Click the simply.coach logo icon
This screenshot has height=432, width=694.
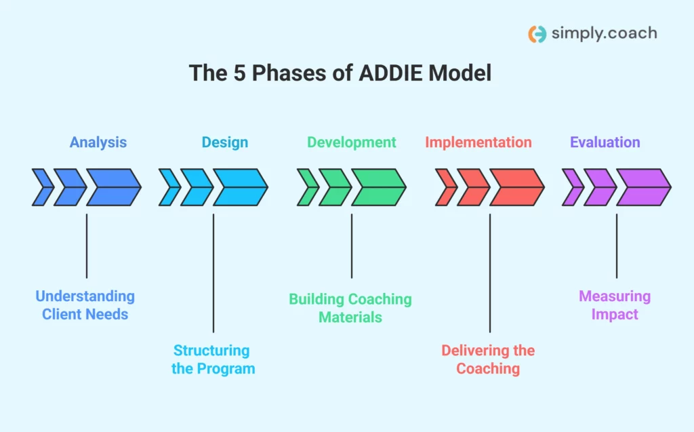click(537, 34)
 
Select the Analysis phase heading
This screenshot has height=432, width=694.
click(98, 142)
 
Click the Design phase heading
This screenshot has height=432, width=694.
click(225, 142)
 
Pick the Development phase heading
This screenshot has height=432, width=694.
click(351, 142)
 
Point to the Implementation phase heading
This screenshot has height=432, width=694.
click(478, 142)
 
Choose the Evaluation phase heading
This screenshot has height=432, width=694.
click(605, 142)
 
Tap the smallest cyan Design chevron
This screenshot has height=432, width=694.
click(169, 187)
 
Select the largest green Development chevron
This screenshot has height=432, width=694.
click(378, 187)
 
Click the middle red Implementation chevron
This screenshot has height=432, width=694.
click(472, 187)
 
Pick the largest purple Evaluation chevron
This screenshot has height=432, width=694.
click(642, 187)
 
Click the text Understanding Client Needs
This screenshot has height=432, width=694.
click(85, 305)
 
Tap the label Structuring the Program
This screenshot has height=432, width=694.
click(213, 359)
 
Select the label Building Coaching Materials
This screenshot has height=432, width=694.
click(350, 308)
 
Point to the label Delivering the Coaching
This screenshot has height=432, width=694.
click(488, 359)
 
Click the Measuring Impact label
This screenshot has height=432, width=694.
click(615, 305)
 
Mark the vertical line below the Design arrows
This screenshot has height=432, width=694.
click(213, 271)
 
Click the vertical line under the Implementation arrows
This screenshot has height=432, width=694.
click(490, 271)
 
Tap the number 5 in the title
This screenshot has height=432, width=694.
click(241, 73)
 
